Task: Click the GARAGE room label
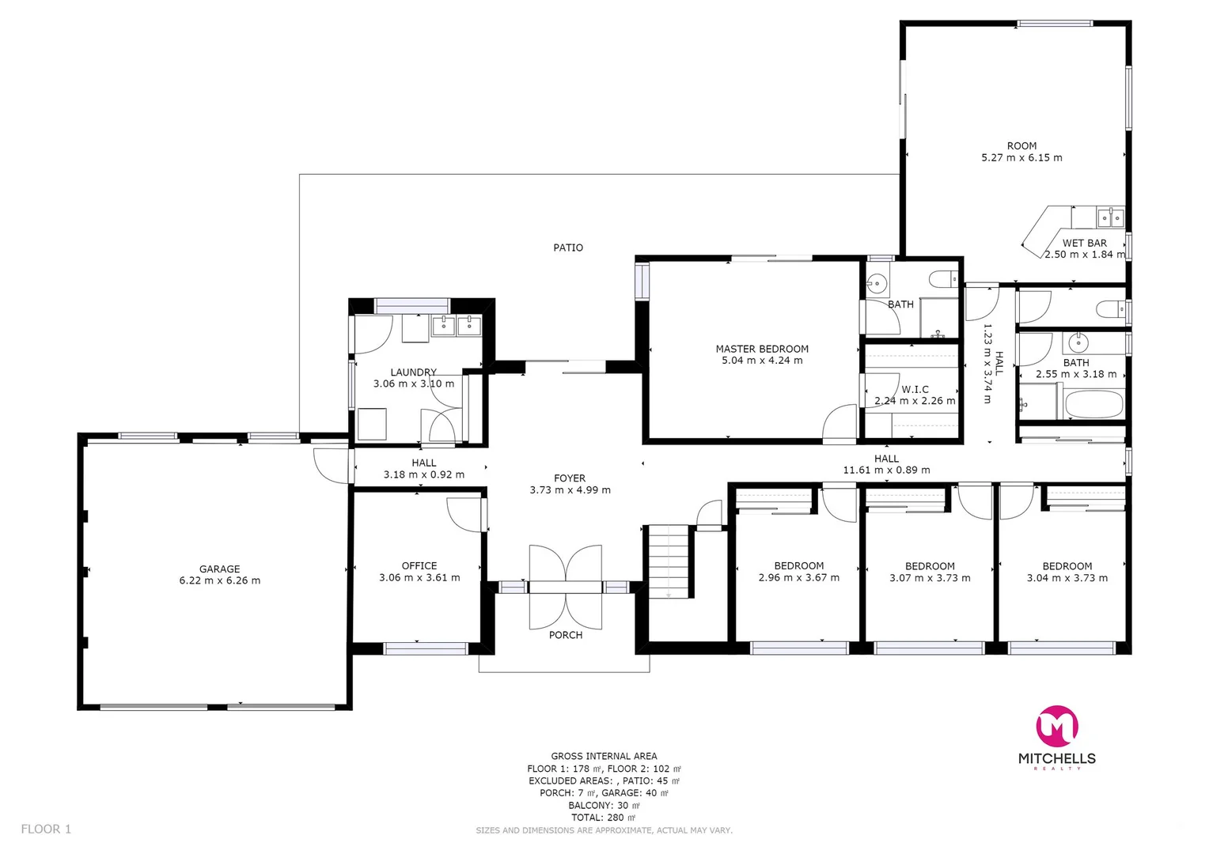[219, 569]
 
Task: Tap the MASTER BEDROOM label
[762, 349]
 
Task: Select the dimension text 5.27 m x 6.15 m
[1021, 157]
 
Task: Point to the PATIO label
[568, 248]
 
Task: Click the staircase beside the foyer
[669, 561]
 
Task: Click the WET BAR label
[1084, 243]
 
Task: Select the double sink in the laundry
[457, 325]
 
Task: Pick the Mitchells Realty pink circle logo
[1057, 726]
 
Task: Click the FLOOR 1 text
[46, 829]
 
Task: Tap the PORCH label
[566, 635]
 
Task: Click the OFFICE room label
[419, 565]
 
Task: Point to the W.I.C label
[915, 389]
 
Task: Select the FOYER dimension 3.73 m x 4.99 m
[570, 490]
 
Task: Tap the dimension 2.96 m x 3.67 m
[799, 578]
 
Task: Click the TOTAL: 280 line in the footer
[603, 818]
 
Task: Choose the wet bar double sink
[1110, 217]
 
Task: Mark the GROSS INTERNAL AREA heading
[604, 756]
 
